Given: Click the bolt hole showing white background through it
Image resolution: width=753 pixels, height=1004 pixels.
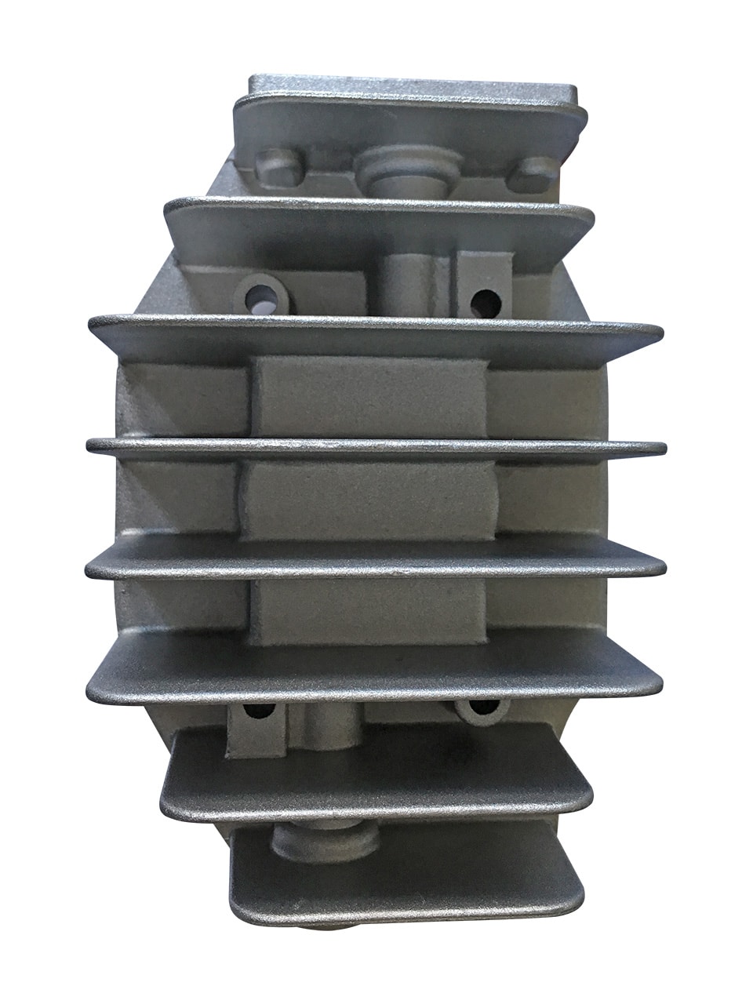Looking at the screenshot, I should tap(262, 296).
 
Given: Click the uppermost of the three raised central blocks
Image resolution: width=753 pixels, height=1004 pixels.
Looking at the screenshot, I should tap(369, 396).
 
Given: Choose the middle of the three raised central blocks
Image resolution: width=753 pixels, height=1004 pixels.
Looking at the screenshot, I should tap(369, 498).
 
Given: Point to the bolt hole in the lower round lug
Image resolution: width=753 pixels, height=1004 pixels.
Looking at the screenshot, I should tap(480, 708).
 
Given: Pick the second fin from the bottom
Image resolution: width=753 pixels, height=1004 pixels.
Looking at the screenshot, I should tap(376, 773).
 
